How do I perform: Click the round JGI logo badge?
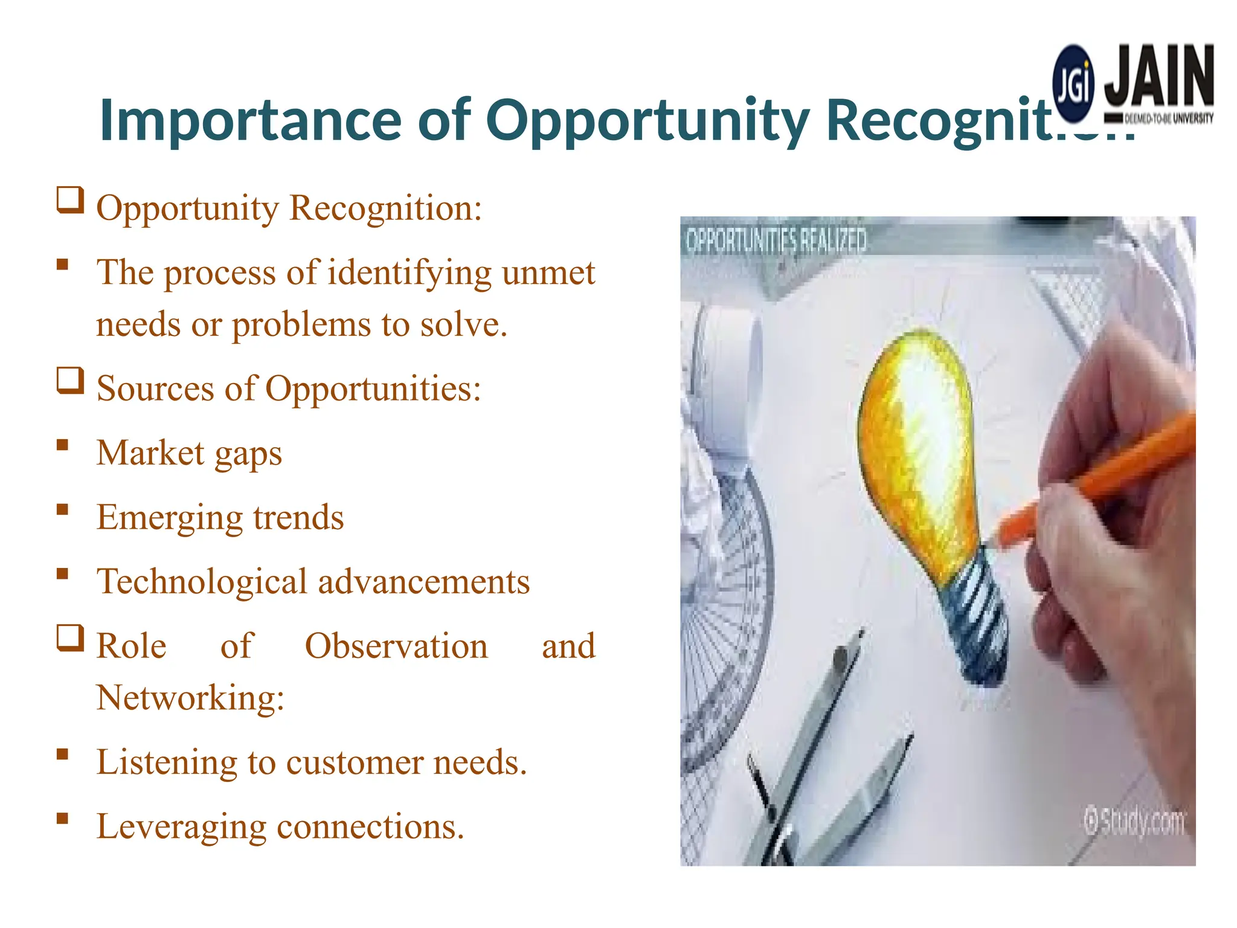click(1073, 85)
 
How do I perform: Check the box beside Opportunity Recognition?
click(70, 200)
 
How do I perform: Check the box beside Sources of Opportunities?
click(70, 381)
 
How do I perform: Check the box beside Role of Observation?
click(70, 638)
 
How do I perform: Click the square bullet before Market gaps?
click(62, 445)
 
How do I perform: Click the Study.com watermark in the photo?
click(1134, 823)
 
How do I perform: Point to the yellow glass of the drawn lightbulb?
click(918, 447)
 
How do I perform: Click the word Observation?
click(396, 646)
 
